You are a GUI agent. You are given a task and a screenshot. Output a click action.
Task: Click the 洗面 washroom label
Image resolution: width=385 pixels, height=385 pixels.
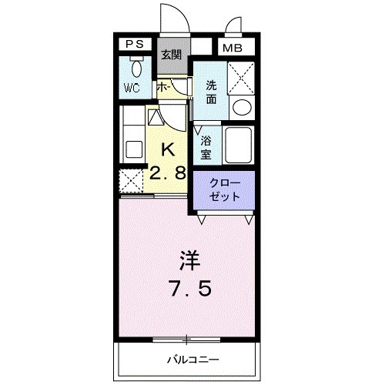(x=211, y=93)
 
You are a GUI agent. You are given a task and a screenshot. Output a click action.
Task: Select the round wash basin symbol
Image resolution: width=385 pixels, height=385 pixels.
(x=241, y=107)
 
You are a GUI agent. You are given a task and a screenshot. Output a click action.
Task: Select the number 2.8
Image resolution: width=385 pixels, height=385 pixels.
(x=169, y=175)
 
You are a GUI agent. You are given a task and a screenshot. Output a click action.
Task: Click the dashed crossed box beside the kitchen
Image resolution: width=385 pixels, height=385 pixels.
(x=132, y=182)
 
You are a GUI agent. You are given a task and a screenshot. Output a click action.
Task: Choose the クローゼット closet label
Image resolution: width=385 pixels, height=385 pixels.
(x=225, y=190)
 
